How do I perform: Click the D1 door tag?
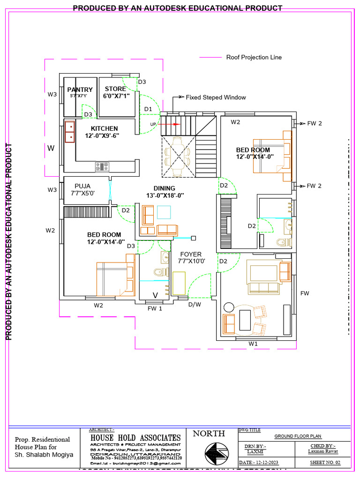point(148,109)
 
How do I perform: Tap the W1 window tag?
point(253,343)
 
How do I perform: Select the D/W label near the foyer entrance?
point(195,305)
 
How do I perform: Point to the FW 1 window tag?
point(155,308)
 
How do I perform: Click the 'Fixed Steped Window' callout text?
point(216,97)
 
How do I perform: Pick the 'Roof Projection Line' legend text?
point(254,57)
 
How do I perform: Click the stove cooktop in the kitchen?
point(102,166)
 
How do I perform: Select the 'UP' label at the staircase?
point(153,124)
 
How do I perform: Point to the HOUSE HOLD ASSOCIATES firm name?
point(135,438)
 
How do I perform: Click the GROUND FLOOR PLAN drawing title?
point(298,436)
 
